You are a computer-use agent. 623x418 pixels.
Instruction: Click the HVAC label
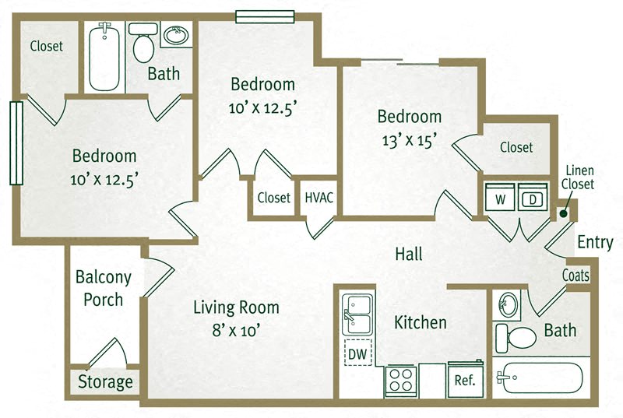coord(319,197)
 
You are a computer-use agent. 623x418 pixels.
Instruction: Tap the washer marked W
coord(500,196)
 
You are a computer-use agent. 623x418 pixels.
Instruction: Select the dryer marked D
coord(533,196)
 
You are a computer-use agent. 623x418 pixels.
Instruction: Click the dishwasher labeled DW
coord(357,353)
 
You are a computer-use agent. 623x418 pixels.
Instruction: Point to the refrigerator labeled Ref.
coord(465,379)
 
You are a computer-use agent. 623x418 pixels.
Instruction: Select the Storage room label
coord(105,382)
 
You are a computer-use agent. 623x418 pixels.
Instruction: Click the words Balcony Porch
coord(104,288)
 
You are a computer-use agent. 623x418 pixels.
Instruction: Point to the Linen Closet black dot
coord(563,213)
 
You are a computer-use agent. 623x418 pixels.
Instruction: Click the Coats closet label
coord(575,275)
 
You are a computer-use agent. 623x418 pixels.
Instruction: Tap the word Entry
coord(595,242)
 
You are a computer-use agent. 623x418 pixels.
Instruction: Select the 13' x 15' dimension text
coord(410,140)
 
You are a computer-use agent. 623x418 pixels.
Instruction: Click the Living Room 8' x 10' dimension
coord(236,330)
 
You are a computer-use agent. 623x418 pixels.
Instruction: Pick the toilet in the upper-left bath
coord(143,43)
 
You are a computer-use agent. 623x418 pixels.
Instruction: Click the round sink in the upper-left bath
coord(176,36)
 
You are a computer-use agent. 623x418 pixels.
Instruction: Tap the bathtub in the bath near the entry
coord(540,378)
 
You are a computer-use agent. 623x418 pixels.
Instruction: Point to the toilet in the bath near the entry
coord(516,338)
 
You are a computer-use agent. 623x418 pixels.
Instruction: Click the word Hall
coord(409,254)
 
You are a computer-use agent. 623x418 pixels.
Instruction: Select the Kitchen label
coord(421,322)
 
